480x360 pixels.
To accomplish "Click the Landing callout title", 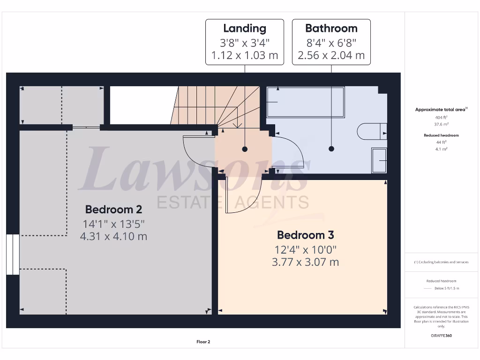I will pyautogui.click(x=244, y=29).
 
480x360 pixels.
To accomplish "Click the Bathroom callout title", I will pyautogui.click(x=331, y=29).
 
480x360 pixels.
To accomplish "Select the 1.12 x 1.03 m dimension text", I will pyautogui.click(x=244, y=55).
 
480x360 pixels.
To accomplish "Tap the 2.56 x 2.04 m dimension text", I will pyautogui.click(x=331, y=55).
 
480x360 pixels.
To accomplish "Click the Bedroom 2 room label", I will pyautogui.click(x=113, y=209).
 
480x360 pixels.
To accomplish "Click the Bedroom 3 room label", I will pyautogui.click(x=305, y=235).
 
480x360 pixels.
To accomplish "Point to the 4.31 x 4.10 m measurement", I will pyautogui.click(x=113, y=236).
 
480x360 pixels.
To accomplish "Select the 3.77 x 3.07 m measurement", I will pyautogui.click(x=305, y=262).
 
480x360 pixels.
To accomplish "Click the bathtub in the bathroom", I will pyautogui.click(x=305, y=101).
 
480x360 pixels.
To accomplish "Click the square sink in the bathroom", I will pyautogui.click(x=379, y=160).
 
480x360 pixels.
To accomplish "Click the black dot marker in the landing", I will pyautogui.click(x=244, y=149).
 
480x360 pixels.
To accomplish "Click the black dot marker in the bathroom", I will pyautogui.click(x=331, y=149).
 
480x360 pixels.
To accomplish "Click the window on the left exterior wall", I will pyautogui.click(x=13, y=255).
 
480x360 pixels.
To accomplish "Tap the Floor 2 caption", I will pyautogui.click(x=203, y=342).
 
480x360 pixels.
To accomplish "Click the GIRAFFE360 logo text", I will pyautogui.click(x=441, y=336).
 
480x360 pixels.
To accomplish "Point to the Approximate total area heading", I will pyautogui.click(x=440, y=110).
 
